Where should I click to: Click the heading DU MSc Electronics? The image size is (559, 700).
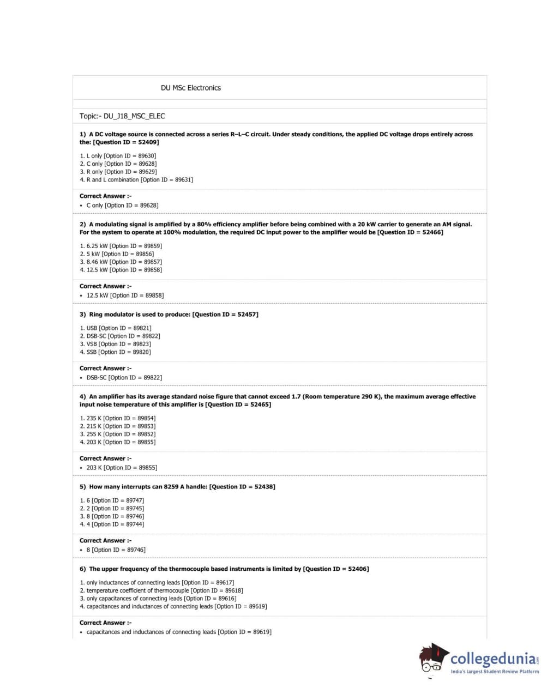190,88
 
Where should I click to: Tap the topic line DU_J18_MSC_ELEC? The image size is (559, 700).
122,116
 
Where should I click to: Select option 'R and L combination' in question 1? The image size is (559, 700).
136,179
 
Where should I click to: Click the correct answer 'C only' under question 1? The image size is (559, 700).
122,206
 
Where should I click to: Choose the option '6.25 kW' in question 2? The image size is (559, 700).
121,246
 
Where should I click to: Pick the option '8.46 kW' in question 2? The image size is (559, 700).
121,262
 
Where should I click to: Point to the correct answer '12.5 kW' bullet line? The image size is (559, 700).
125,295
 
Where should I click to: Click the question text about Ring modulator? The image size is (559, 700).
173,315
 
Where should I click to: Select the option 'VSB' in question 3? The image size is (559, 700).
116,344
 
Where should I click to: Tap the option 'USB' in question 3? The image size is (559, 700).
116,328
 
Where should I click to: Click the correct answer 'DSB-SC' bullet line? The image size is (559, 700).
124,377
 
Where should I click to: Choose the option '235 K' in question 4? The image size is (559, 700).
117,418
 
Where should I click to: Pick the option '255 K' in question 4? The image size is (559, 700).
117,434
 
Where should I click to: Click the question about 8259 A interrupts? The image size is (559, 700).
182,487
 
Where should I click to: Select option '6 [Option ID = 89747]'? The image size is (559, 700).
112,500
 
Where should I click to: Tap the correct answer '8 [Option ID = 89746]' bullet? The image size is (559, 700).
116,550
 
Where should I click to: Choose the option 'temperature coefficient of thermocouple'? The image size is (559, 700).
161,590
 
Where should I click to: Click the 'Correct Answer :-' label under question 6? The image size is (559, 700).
105,623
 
